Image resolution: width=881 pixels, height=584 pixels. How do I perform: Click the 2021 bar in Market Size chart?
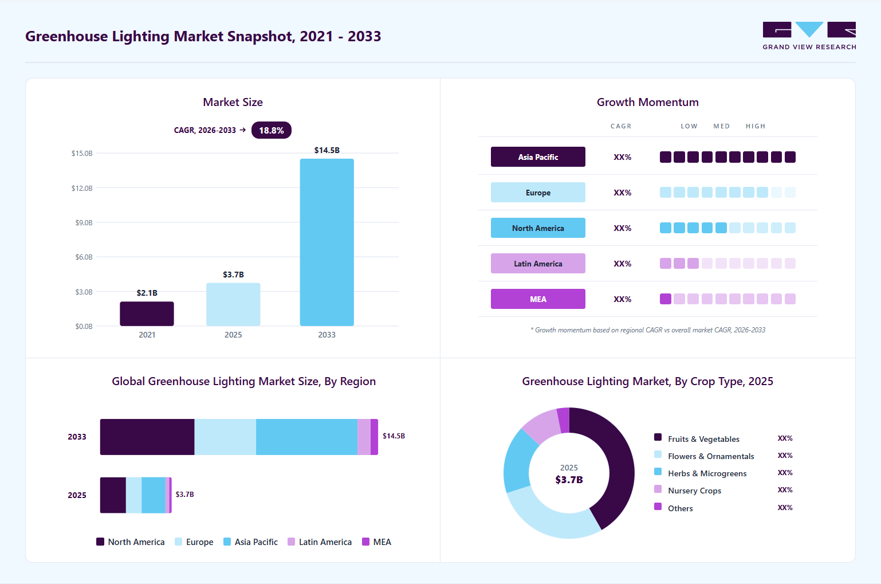[x=147, y=313]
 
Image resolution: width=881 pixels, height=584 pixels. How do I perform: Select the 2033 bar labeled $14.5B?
[x=327, y=242]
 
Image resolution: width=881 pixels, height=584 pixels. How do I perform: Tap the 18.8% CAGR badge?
[x=272, y=130]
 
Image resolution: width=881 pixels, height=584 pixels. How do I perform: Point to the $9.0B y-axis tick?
[x=84, y=223]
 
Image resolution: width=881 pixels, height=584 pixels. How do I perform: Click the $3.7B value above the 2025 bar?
[x=233, y=275]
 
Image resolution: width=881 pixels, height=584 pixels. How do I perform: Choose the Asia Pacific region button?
[x=538, y=157]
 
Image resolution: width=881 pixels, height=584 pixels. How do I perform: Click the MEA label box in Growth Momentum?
[x=538, y=299]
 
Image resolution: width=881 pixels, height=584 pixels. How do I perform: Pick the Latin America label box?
[x=538, y=264]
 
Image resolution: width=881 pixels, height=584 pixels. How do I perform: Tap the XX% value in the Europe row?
[x=622, y=193]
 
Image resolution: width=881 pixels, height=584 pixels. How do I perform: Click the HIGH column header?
[x=756, y=126]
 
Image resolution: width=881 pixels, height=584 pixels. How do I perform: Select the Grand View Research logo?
[x=809, y=36]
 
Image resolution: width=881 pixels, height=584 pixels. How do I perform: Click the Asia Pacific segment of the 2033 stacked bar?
[x=307, y=437]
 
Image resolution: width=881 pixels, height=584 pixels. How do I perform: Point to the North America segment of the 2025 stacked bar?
[x=113, y=495]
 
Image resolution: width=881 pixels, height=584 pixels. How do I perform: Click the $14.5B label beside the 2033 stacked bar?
[x=394, y=436]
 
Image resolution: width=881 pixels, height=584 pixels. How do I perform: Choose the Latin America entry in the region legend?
[x=320, y=542]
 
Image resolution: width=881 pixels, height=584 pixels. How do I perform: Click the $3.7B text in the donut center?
[x=569, y=480]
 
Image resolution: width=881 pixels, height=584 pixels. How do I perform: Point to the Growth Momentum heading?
[x=648, y=103]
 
